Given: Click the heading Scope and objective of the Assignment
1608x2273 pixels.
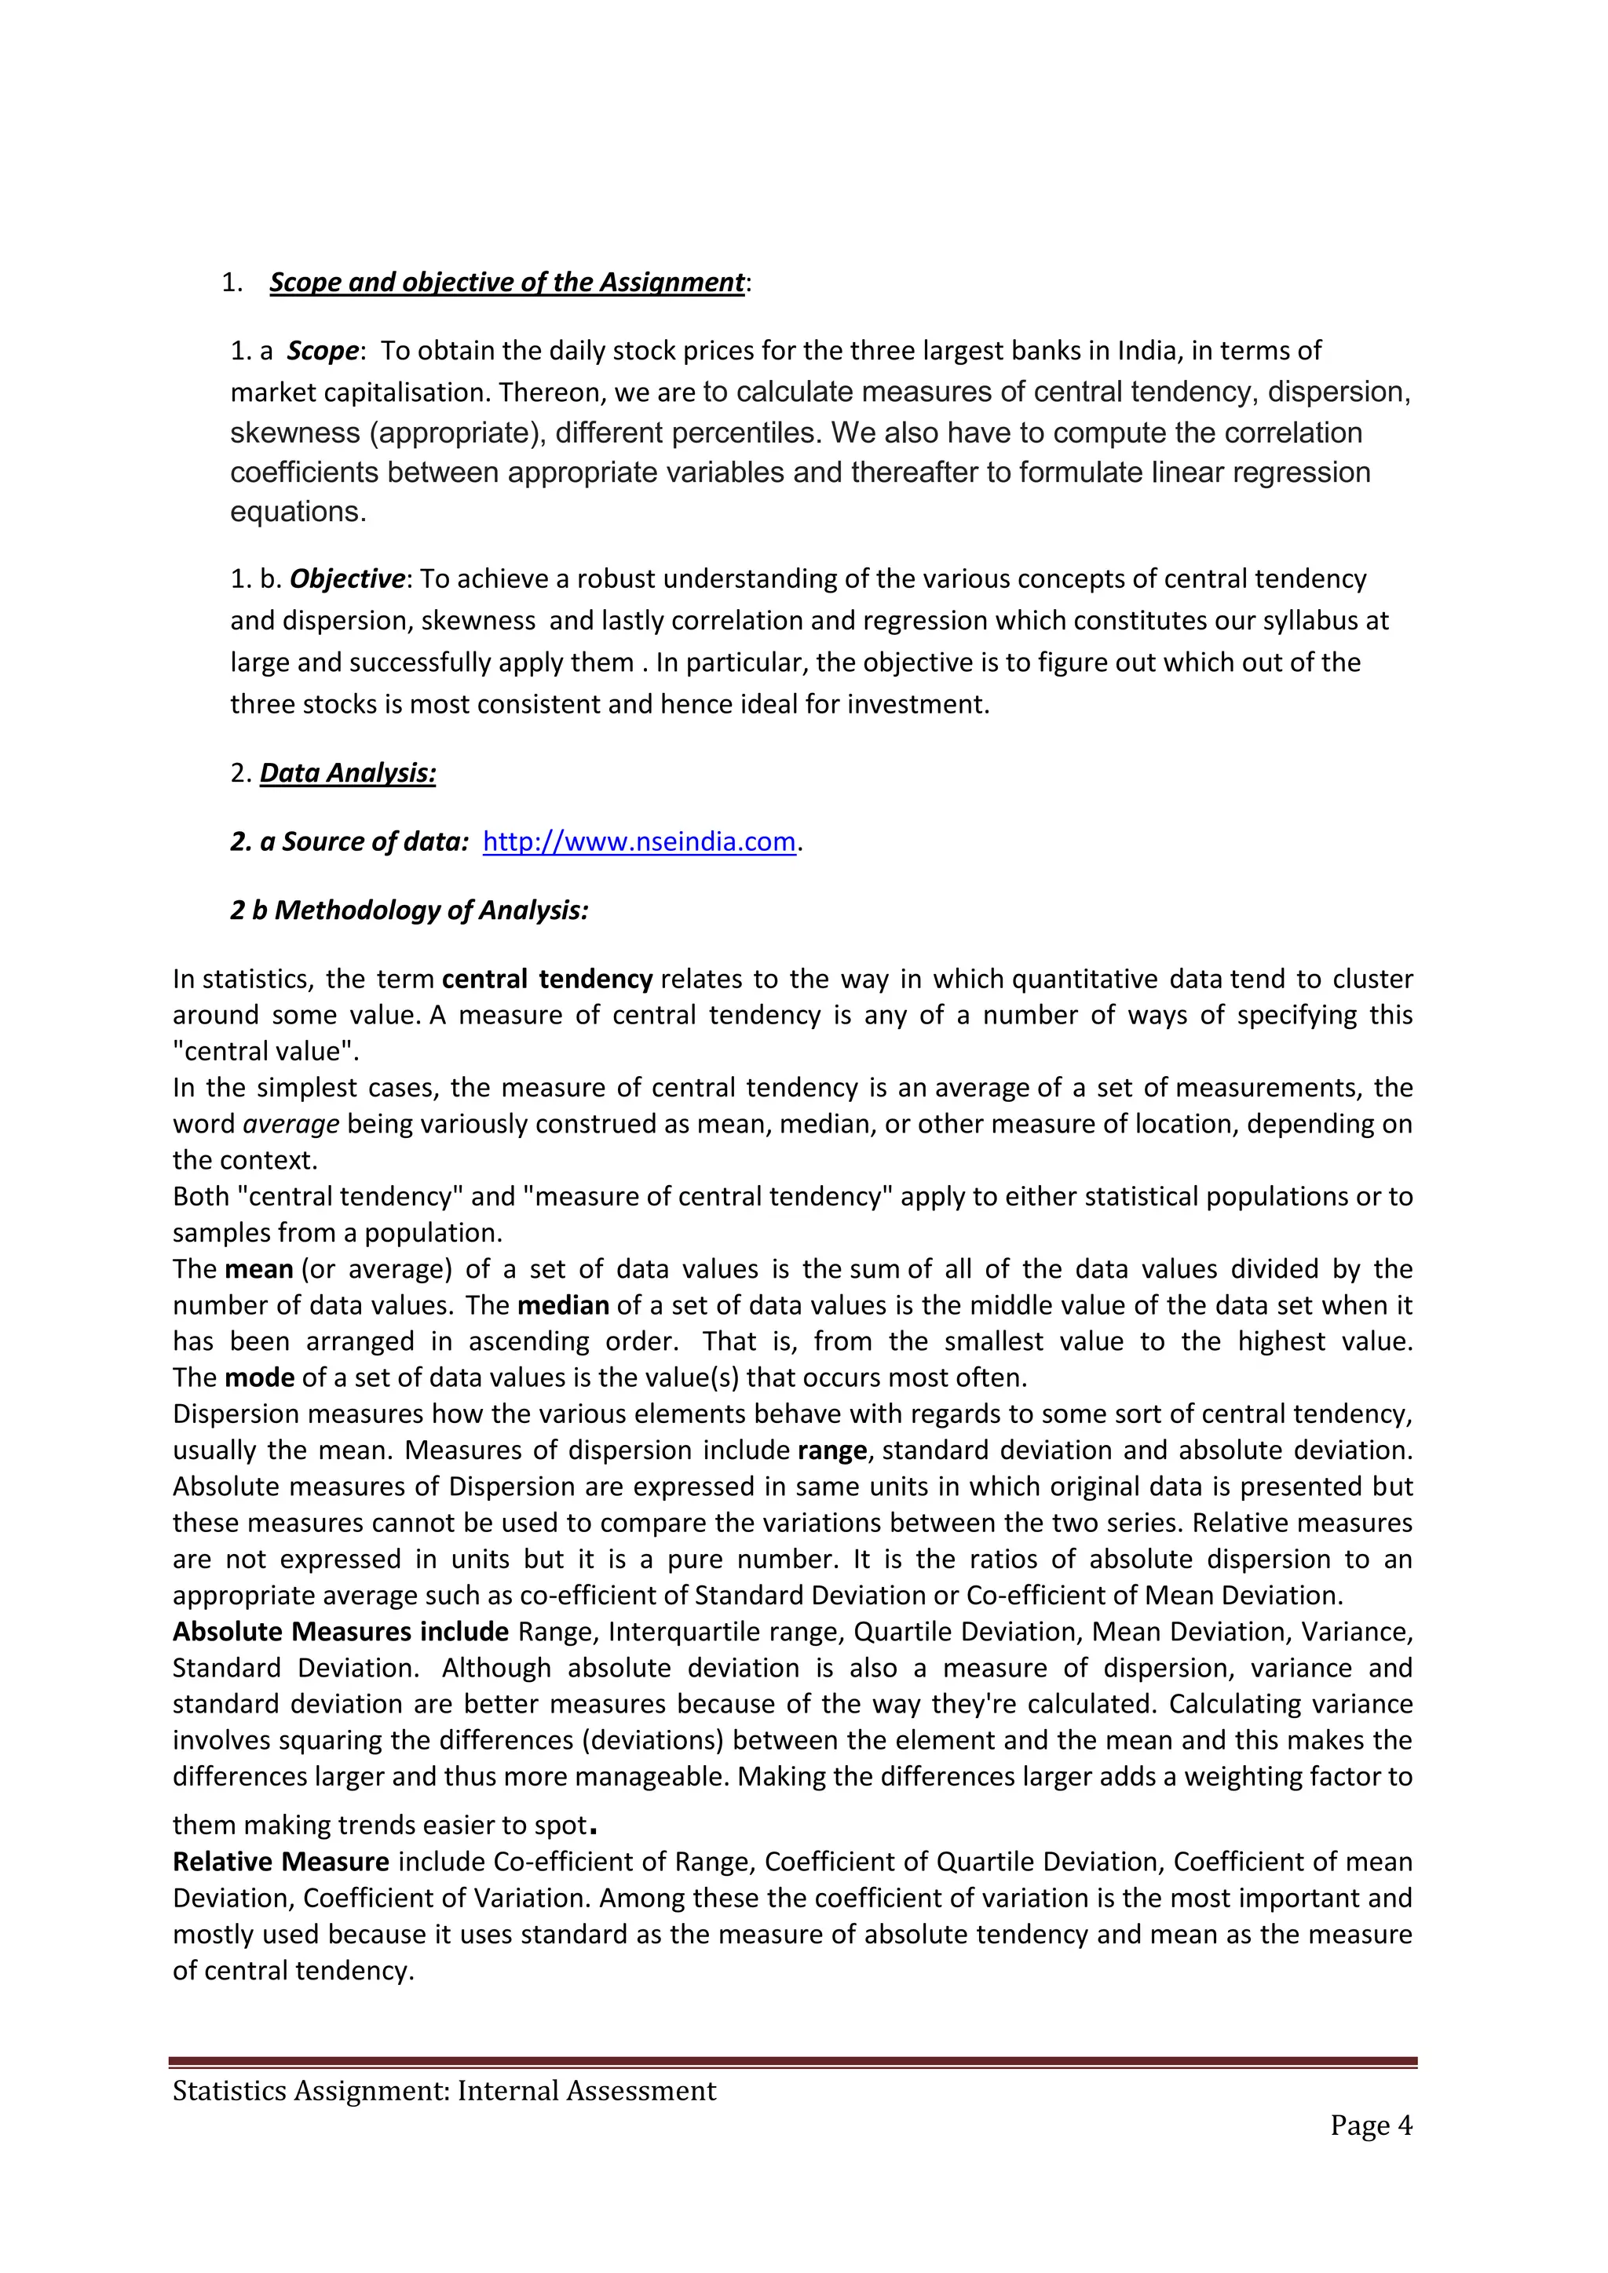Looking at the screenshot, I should pos(506,283).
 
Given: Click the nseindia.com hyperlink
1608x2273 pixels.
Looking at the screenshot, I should pos(638,841).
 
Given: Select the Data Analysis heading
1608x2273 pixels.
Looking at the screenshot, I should pos(348,773).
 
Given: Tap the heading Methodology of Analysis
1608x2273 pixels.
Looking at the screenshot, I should pos(431,910).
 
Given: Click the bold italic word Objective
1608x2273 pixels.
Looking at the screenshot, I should pos(346,579).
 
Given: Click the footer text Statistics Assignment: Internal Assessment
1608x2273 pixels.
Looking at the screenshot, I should pos(444,2091).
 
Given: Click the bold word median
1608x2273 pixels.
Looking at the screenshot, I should pos(562,1306).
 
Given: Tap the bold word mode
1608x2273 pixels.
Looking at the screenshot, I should pos(259,1378).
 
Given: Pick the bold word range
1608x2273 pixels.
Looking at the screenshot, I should pos(831,1451).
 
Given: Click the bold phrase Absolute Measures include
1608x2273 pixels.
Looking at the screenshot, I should pos(341,1633).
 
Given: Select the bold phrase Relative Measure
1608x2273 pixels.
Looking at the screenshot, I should pos(280,1863).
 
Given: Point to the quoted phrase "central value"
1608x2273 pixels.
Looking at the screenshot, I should pos(265,1052).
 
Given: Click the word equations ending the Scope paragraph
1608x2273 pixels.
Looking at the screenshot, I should pos(296,513).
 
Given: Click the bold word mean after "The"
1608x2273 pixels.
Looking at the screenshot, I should pos(258,1270).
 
